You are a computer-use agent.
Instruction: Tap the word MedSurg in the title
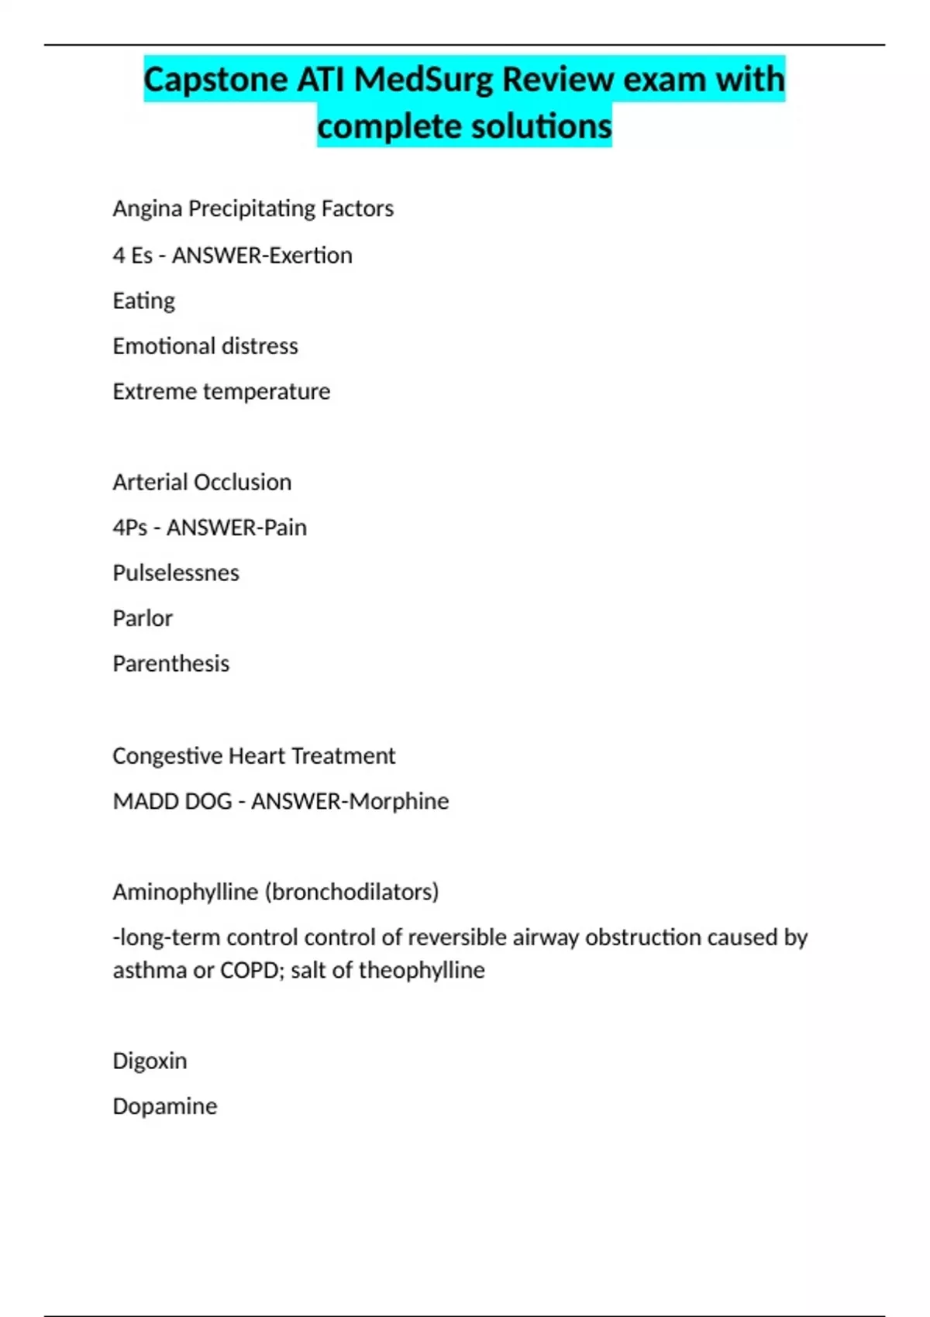pos(426,80)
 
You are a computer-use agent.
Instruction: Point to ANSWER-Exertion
pos(262,255)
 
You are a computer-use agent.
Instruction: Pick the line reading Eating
pos(143,301)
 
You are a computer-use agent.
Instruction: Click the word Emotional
pos(159,346)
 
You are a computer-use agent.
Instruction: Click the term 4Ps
pos(129,528)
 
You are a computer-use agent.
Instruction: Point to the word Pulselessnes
pos(176,573)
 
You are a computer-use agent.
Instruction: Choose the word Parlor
pos(143,618)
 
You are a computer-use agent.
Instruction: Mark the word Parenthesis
pos(170,664)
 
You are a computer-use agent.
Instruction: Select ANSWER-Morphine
pos(350,801)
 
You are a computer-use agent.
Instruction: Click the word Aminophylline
pos(185,892)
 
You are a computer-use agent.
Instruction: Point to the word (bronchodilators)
pos(352,892)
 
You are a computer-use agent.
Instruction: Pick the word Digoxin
pos(150,1061)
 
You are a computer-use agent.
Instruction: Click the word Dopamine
pos(164,1106)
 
